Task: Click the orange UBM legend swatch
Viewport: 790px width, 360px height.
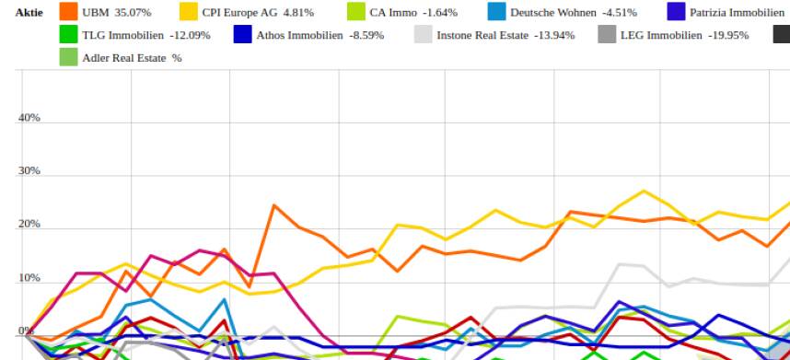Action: click(68, 12)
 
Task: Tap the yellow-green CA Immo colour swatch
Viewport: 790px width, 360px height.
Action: click(355, 12)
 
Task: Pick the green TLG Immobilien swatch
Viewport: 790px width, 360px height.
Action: click(68, 35)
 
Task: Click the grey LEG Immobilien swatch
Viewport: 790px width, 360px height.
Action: click(606, 35)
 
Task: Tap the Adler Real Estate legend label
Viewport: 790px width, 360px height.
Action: click(119, 58)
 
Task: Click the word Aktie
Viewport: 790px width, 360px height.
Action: click(29, 13)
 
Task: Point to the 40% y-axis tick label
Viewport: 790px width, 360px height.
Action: click(29, 118)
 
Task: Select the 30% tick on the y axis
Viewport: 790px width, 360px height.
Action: click(29, 171)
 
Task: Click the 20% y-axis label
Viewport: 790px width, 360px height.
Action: click(29, 225)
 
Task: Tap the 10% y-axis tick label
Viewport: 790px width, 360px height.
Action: click(29, 278)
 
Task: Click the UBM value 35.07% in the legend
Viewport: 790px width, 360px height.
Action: click(133, 13)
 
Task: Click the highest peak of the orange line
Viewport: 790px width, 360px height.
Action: click(273, 205)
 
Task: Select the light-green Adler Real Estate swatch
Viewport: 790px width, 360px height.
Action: click(68, 57)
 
